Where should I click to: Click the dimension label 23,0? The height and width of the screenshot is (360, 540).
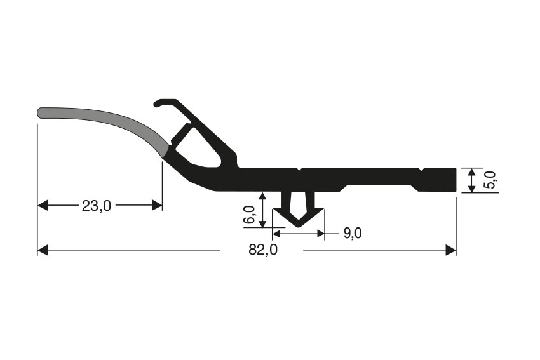(x=97, y=205)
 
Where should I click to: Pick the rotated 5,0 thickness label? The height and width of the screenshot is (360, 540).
(x=490, y=180)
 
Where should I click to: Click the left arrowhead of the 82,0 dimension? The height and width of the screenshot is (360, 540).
(x=43, y=250)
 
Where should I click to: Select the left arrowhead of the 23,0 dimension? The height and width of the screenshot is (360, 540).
(x=43, y=205)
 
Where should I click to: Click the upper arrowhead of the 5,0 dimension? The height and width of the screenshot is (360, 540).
(x=471, y=171)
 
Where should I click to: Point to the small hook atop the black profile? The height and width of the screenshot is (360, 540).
(x=163, y=102)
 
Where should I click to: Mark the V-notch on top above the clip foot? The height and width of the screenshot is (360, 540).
(x=299, y=170)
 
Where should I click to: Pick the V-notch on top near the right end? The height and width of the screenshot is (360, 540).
(x=421, y=170)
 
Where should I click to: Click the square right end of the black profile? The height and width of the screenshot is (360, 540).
(x=454, y=180)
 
